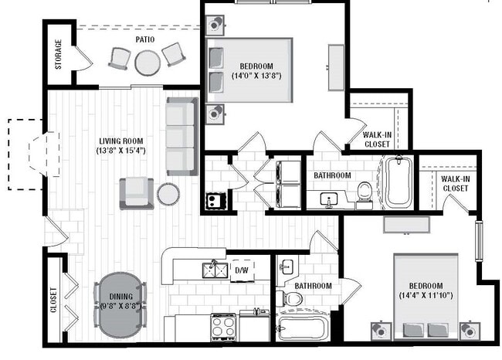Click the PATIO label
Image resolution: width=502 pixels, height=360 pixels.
(x=144, y=39)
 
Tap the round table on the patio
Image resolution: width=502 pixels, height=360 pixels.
(x=147, y=61)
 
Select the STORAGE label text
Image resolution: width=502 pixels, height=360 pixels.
(x=59, y=55)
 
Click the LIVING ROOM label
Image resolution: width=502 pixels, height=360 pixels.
(x=122, y=141)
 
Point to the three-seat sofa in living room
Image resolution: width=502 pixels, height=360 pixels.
(x=181, y=136)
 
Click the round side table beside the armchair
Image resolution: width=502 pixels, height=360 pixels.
(x=168, y=194)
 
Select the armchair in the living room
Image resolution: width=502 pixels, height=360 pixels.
(x=135, y=192)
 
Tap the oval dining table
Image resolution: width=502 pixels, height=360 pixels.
(x=120, y=304)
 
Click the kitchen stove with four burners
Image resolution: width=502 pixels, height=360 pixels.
(x=223, y=327)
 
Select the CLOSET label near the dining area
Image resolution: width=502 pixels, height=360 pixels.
(x=54, y=301)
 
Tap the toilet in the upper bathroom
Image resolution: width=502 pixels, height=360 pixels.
(x=365, y=193)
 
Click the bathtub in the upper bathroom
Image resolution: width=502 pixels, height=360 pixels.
(x=397, y=182)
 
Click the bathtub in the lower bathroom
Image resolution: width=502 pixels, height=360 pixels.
(x=304, y=328)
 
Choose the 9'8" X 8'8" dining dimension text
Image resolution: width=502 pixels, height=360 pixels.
(x=120, y=305)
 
